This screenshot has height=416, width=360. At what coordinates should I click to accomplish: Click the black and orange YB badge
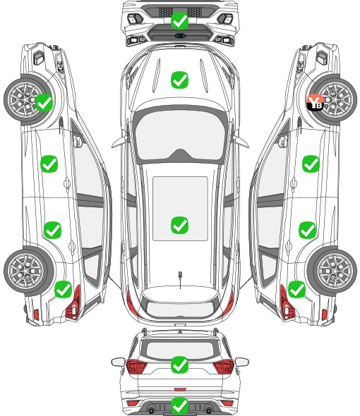tap(315, 102)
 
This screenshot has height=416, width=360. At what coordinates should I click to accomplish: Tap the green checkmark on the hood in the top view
tap(179, 80)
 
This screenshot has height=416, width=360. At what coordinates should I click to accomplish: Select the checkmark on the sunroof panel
tap(179, 225)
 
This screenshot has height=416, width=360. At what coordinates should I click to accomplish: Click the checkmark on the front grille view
tap(179, 20)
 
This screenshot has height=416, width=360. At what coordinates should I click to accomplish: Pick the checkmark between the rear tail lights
tap(179, 365)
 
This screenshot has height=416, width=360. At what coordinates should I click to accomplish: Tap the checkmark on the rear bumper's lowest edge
tap(179, 405)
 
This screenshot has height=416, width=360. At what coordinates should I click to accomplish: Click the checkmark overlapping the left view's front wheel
tap(44, 102)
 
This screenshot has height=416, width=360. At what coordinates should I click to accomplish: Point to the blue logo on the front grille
tap(180, 36)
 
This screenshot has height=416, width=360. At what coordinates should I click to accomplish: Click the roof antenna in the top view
tap(180, 278)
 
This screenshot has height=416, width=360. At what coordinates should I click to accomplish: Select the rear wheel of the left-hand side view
tap(26, 271)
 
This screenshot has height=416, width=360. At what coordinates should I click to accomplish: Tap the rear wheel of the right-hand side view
tap(334, 271)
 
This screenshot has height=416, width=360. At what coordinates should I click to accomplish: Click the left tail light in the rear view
tap(136, 367)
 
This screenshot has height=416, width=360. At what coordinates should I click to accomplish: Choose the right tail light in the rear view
tap(224, 367)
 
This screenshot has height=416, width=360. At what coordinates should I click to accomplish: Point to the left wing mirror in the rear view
tap(118, 362)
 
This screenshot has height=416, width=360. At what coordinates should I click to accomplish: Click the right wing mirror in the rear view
tap(242, 362)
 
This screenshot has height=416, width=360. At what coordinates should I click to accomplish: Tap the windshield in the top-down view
tap(179, 135)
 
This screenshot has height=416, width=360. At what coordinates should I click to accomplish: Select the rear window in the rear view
tap(180, 350)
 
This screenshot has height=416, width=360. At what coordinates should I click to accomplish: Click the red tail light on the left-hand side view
tap(73, 303)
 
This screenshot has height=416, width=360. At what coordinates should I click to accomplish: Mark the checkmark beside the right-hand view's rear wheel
tap(296, 289)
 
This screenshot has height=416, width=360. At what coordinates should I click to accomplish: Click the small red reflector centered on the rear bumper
tap(180, 389)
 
